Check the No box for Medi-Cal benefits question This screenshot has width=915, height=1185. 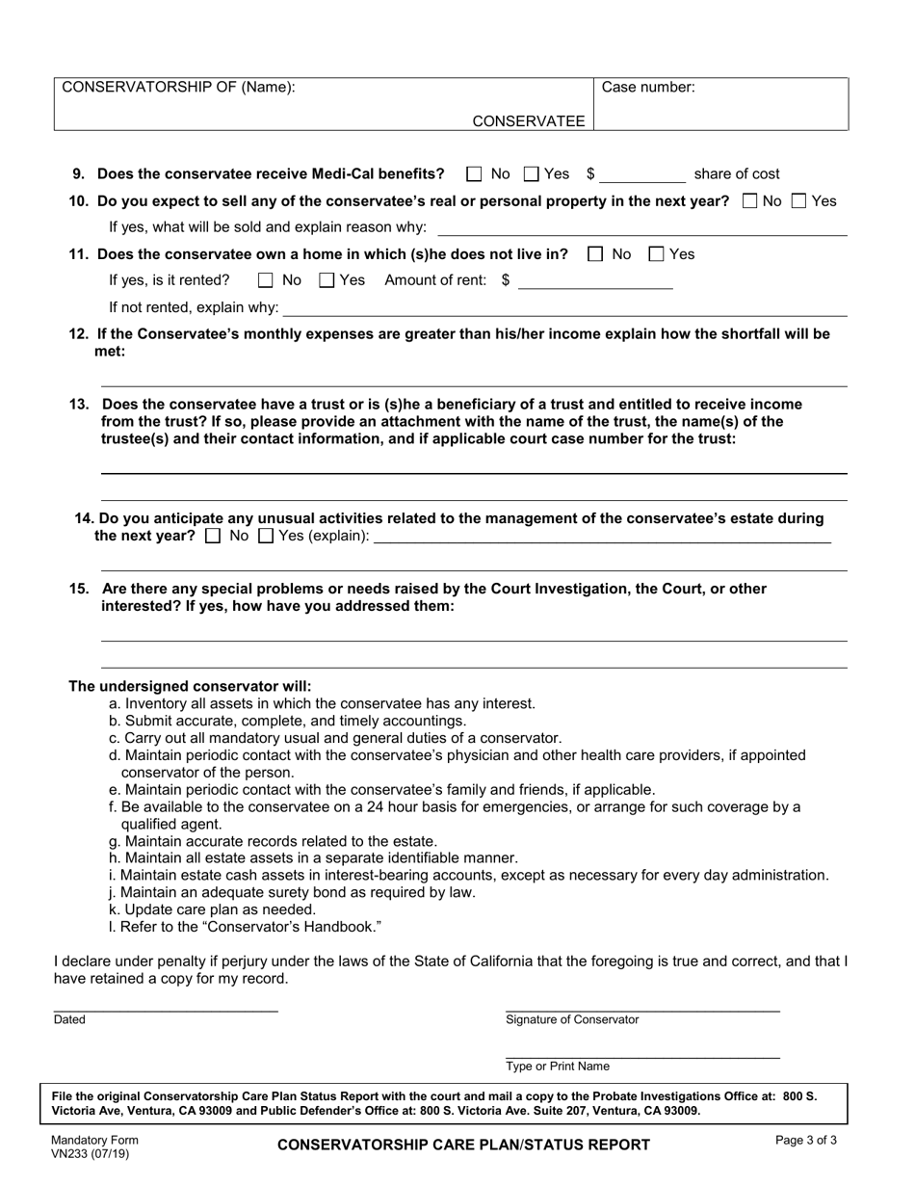coord(474,174)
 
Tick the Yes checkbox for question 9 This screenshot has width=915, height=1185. coord(532,174)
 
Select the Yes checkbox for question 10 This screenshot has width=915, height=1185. coord(798,201)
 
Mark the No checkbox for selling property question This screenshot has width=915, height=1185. coord(750,201)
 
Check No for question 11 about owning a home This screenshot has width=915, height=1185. coord(595,254)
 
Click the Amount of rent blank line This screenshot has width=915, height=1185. coord(594,282)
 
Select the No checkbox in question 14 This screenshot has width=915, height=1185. coord(214,536)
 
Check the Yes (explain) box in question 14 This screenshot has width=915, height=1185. coord(267,536)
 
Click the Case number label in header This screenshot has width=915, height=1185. coord(648,88)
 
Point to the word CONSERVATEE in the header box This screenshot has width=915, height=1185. coord(528,120)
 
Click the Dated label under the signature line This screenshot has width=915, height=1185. coord(69,1019)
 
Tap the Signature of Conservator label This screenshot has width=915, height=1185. coord(572,1019)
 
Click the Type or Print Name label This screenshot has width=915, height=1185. coord(558,1066)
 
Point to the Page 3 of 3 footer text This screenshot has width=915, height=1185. coord(806,1140)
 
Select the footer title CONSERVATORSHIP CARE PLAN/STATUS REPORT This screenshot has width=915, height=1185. coord(463,1145)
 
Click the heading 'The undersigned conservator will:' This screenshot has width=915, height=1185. coord(190,686)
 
